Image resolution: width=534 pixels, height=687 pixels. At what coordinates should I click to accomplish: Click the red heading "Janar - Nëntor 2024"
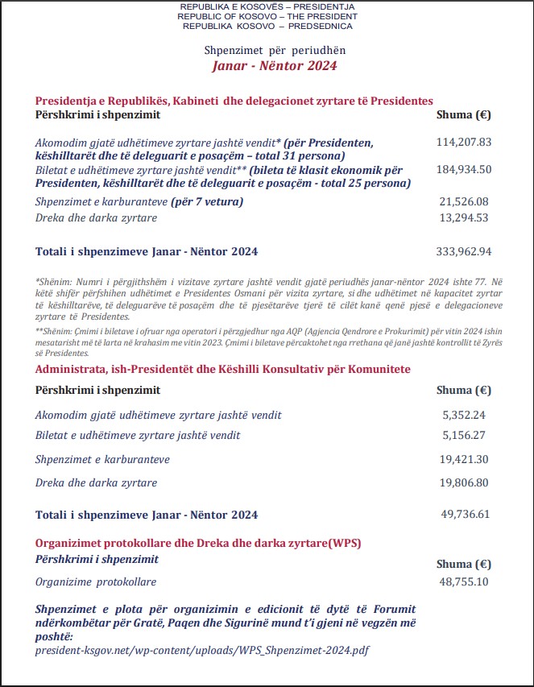click(x=274, y=66)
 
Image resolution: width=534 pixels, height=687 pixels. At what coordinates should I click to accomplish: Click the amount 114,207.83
click(x=463, y=142)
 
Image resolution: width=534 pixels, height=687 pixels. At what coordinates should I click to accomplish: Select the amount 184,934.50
click(x=463, y=169)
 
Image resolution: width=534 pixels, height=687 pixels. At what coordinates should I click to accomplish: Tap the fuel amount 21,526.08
click(x=463, y=201)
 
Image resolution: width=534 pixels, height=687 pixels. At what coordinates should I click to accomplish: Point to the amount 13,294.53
click(x=463, y=217)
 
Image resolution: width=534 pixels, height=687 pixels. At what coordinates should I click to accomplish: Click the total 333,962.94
click(x=463, y=251)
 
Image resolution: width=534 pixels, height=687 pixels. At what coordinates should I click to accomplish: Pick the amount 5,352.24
click(x=466, y=415)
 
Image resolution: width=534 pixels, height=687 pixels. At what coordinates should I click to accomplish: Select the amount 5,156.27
click(x=466, y=435)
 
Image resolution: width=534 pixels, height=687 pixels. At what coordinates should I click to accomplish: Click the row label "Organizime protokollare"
click(x=96, y=581)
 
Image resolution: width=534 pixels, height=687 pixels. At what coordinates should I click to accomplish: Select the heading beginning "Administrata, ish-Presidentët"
click(x=223, y=369)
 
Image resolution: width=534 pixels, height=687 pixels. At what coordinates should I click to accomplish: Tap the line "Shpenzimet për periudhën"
click(x=274, y=51)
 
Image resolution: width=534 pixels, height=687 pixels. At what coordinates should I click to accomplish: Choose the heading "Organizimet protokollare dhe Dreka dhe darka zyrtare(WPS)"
click(x=198, y=543)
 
